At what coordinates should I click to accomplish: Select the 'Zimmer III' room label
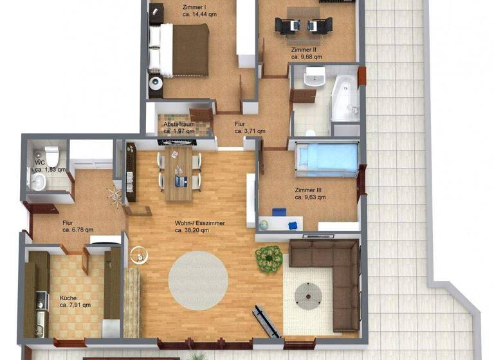click(x=310, y=190)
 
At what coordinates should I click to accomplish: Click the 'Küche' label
click(x=68, y=298)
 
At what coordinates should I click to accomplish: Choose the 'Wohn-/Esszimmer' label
click(x=200, y=223)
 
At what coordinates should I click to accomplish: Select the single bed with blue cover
click(x=326, y=158)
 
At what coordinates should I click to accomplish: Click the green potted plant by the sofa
click(x=269, y=258)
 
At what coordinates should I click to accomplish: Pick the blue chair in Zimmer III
click(x=279, y=212)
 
